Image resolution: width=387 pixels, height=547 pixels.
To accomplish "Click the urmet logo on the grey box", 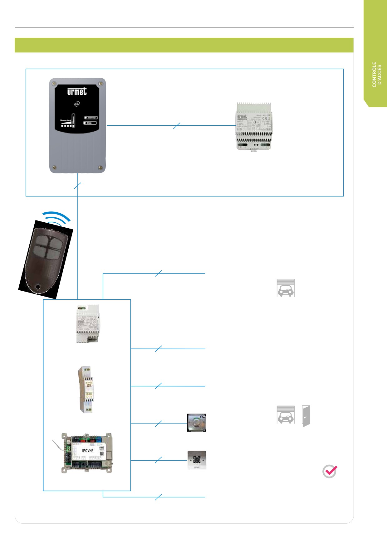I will click(77, 91).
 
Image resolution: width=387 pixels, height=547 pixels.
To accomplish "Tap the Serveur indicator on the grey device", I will click(91, 118).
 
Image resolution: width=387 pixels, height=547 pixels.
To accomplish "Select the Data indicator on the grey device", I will click(90, 123).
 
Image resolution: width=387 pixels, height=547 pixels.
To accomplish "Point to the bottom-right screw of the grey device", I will click(100, 167).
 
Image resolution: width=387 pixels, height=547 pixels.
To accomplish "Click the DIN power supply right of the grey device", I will click(253, 126).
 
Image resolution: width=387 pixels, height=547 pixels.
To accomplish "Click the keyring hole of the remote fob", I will click(38, 287).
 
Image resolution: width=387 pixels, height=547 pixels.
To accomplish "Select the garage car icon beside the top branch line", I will click(286, 288).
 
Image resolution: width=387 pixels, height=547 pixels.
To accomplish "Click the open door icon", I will click(306, 416).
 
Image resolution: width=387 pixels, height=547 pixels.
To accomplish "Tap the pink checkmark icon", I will click(330, 471).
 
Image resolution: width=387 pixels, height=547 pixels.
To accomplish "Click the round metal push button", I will click(196, 423).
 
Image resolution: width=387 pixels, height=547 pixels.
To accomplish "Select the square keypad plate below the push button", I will click(197, 460).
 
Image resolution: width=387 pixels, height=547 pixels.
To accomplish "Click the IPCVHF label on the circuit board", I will click(88, 450).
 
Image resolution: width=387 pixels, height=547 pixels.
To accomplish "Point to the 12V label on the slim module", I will click(89, 385).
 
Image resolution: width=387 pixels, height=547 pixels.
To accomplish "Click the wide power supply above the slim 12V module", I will click(88, 324).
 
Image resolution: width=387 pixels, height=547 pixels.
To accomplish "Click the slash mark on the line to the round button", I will click(159, 424).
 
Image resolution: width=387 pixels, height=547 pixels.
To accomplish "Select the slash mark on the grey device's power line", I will click(176, 126).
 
